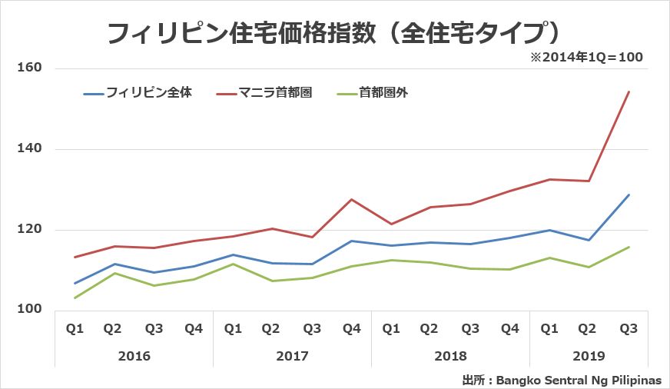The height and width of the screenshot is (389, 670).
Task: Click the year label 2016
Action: (x=134, y=356)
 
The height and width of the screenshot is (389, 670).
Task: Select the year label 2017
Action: (x=292, y=356)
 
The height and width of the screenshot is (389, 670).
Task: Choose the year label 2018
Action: (x=450, y=356)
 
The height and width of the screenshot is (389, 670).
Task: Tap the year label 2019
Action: (x=589, y=356)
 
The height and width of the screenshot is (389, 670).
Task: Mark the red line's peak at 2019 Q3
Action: (x=629, y=91)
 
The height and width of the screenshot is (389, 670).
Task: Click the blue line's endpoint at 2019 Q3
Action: (x=629, y=194)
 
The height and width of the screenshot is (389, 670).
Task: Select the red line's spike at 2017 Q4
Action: (x=351, y=200)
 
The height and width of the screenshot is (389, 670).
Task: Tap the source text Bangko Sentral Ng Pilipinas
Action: (x=579, y=379)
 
